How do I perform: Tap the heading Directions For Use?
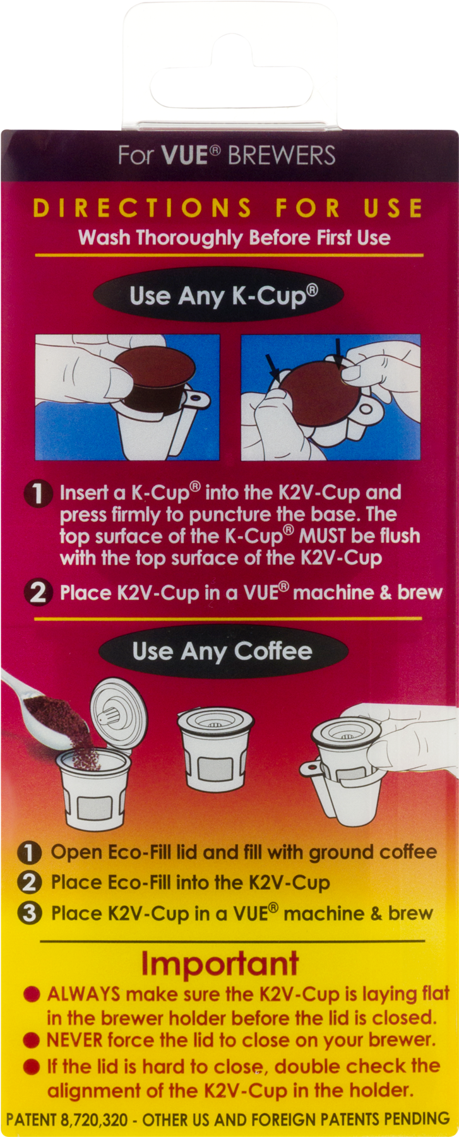pos(228,208)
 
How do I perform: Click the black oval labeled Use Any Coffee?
pos(222,651)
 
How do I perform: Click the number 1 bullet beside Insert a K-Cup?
pos(37,494)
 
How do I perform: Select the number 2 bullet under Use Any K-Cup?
pos(37,593)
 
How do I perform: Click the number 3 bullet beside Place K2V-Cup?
pos(30,914)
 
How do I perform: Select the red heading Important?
pos(219,963)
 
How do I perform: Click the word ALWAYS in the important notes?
pos(83,994)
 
